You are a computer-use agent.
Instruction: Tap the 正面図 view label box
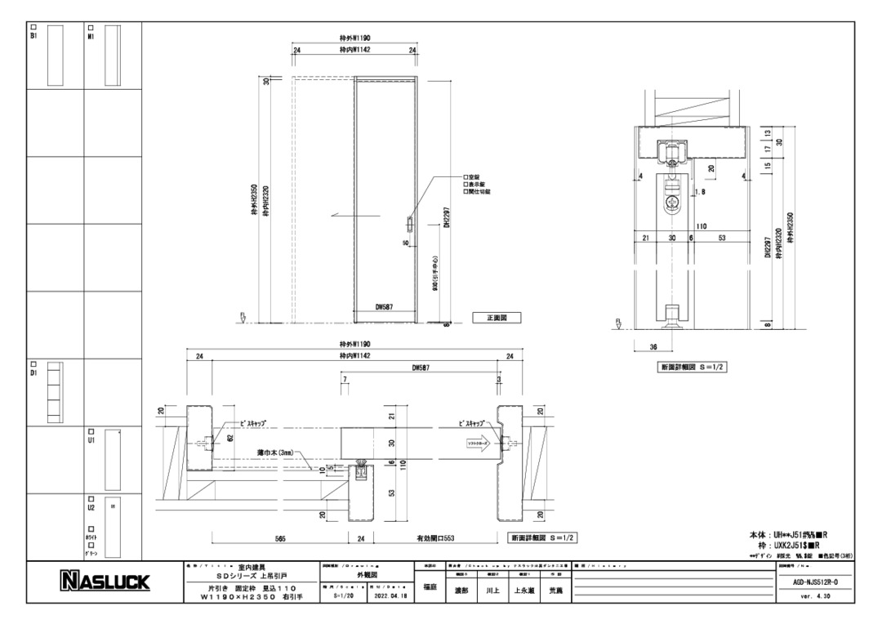pyautogui.click(x=497, y=317)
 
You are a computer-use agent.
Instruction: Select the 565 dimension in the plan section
pyautogui.click(x=280, y=538)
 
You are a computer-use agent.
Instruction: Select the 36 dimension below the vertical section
pyautogui.click(x=653, y=346)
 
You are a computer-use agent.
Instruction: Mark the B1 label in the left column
pyautogui.click(x=34, y=35)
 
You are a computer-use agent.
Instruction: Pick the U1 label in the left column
pyautogui.click(x=91, y=439)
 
